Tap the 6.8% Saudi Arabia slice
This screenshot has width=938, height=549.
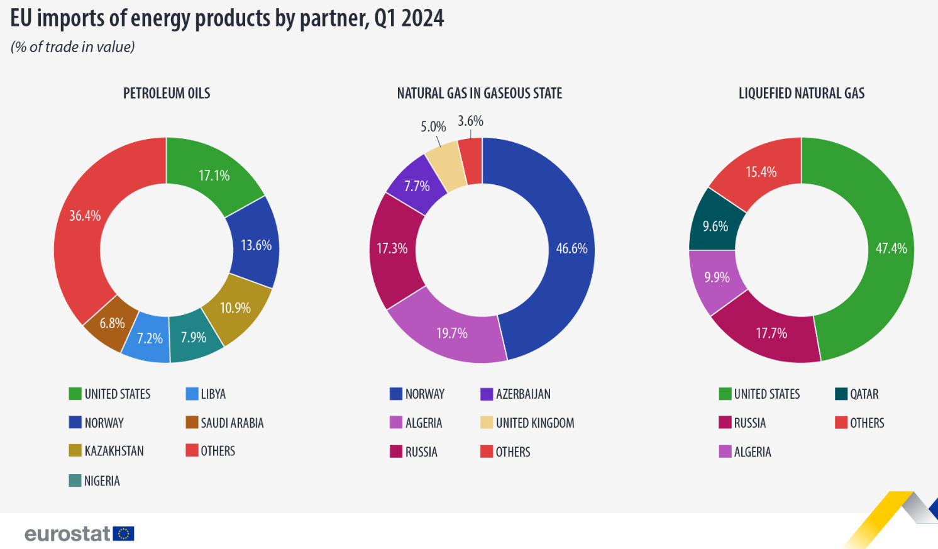click(112, 323)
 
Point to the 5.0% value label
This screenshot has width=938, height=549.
click(433, 126)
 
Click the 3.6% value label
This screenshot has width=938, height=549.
click(470, 121)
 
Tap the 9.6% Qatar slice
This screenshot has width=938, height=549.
click(715, 226)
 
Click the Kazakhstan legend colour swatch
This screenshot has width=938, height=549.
click(75, 451)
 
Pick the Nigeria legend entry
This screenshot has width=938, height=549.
click(101, 481)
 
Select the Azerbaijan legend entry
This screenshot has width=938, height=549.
click(522, 394)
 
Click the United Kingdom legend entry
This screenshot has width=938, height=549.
click(534, 423)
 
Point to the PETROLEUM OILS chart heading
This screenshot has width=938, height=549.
click(167, 94)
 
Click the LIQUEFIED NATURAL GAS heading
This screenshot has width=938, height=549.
click(802, 94)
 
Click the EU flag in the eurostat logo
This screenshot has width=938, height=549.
click(124, 534)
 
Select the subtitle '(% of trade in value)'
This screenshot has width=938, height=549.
click(73, 47)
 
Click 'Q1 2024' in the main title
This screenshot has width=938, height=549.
click(409, 18)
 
